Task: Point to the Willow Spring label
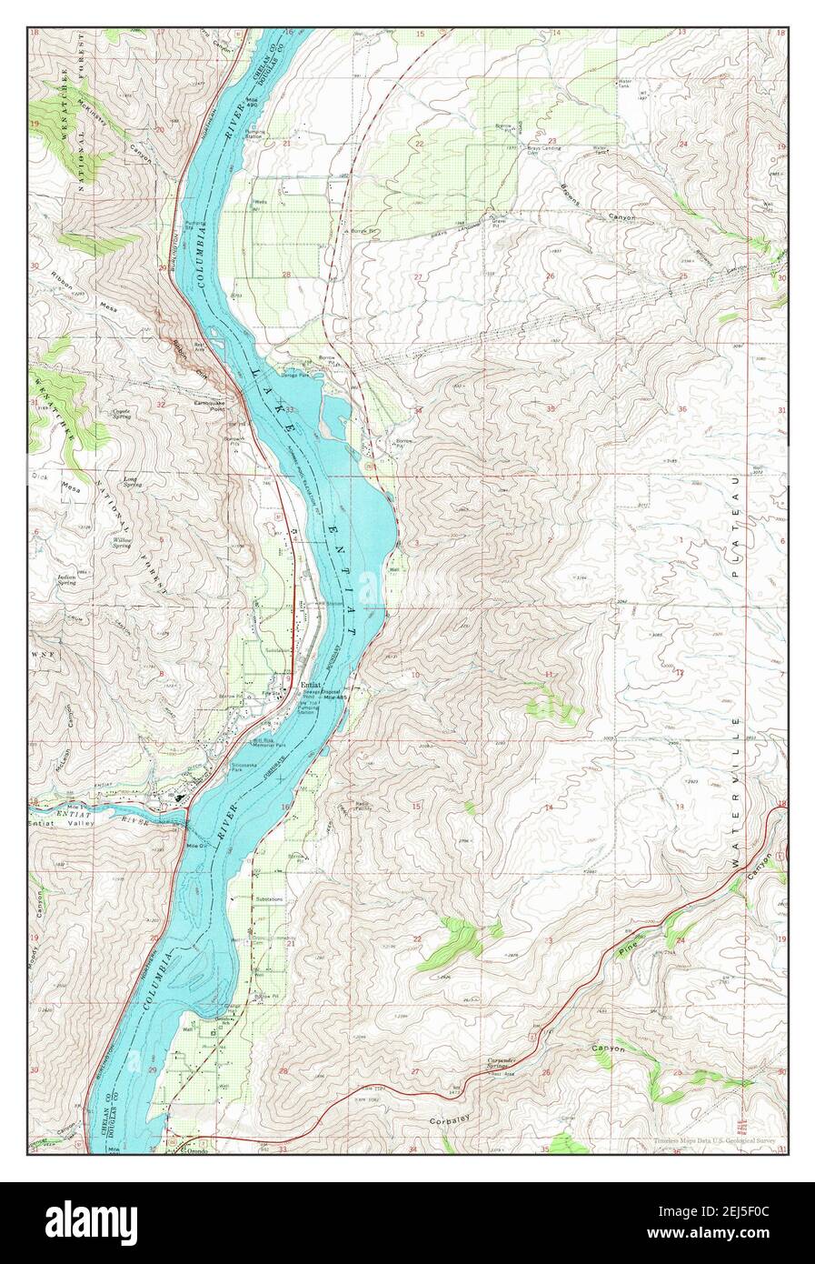[124, 541]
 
